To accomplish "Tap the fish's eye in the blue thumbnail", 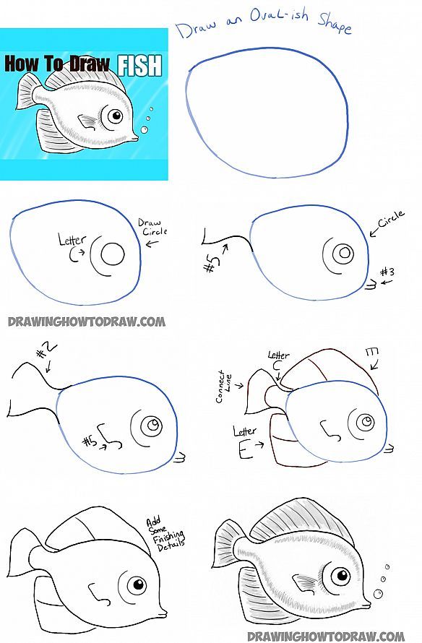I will [111, 116].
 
